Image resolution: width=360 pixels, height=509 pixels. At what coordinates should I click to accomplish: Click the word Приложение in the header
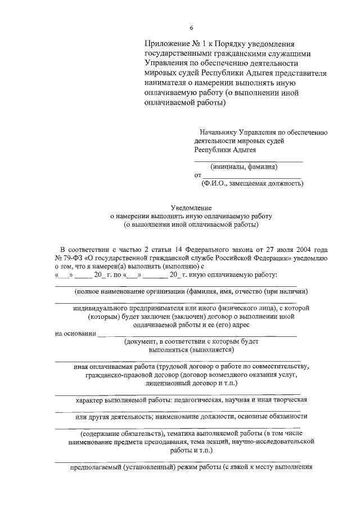click(166, 44)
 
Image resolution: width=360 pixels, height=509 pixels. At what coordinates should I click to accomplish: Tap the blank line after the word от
click(251, 177)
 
